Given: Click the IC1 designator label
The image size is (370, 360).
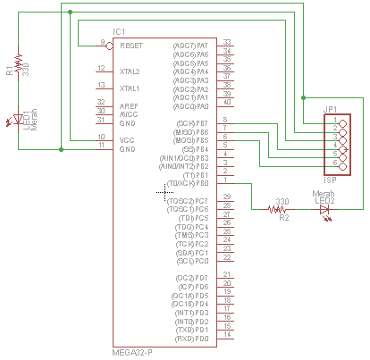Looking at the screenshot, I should click(x=120, y=32).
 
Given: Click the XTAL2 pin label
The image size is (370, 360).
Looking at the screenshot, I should click(x=130, y=71).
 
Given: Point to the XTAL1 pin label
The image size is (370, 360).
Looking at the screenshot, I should click(x=130, y=88).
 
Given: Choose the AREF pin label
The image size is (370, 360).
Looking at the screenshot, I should click(x=129, y=105).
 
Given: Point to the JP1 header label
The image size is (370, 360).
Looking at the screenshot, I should click(x=330, y=108).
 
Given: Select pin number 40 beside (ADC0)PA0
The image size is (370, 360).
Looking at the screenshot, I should click(x=227, y=105).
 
